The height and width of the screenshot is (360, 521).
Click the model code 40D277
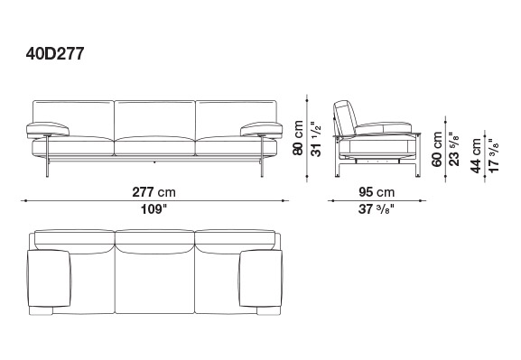click(55, 53)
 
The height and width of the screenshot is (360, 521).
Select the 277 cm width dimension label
click(154, 192)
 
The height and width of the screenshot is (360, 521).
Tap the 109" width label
click(154, 209)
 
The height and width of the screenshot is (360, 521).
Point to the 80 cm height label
click(298, 137)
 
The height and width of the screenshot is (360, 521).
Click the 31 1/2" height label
click(316, 141)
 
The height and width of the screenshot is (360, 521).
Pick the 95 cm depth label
click(377, 192)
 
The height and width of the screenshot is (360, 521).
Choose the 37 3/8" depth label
click(377, 209)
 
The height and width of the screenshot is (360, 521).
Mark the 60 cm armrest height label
click(437, 149)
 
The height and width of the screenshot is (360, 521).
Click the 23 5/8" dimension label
click(454, 149)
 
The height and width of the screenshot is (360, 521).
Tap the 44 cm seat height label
click(476, 155)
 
